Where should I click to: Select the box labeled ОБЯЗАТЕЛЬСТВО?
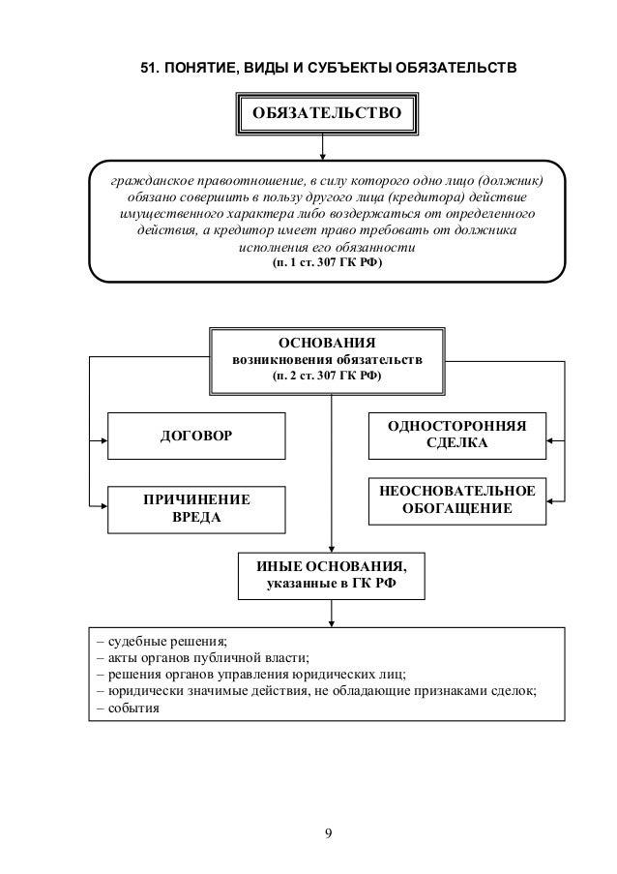coord(326,113)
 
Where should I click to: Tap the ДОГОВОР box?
coord(195,437)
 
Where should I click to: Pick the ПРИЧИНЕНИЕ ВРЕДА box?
coord(195,509)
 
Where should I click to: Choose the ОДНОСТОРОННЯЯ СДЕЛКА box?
coord(456,437)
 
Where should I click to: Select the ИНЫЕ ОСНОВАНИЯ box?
coord(331,576)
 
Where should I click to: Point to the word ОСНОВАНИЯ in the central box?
coord(326,344)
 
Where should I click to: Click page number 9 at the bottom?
coord(329,831)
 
